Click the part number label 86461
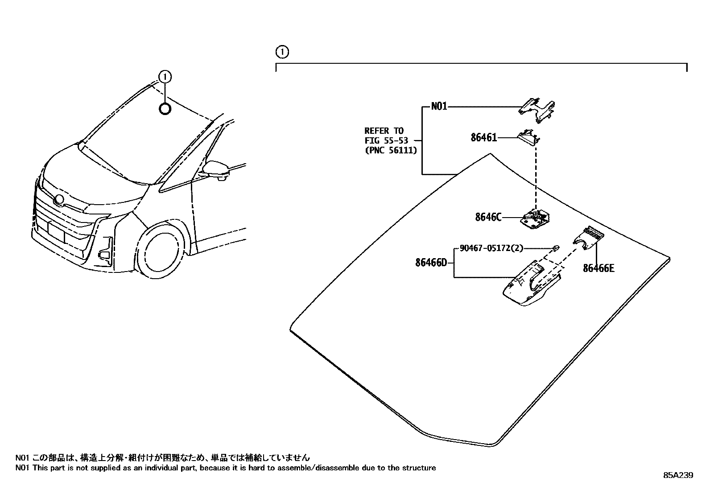[x=483, y=138]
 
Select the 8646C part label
[x=488, y=217]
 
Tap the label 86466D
[x=431, y=263]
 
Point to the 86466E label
[x=599, y=268]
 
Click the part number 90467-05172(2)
[x=491, y=248]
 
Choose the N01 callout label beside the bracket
[x=439, y=107]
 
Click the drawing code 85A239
[x=678, y=475]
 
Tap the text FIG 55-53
[x=386, y=140]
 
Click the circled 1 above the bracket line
[x=282, y=52]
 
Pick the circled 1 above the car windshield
[x=165, y=77]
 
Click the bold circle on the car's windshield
[x=165, y=108]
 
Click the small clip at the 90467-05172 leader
[x=556, y=247]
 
